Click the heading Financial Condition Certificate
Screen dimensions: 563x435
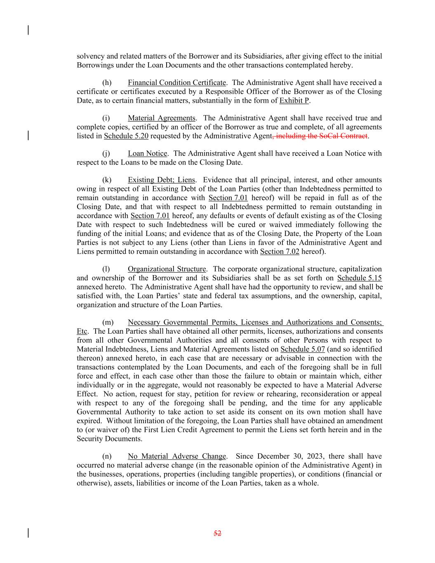coord(176,82)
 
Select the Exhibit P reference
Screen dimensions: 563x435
coord(294,101)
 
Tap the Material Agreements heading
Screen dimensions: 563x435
coord(161,118)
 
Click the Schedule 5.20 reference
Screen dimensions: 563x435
coord(126,136)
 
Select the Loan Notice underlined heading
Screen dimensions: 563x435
coord(147,153)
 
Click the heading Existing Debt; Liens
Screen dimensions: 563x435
coord(161,180)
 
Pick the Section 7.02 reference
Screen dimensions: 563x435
coord(279,252)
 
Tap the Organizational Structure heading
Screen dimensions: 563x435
coord(167,269)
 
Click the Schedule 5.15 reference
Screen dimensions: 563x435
coord(359,278)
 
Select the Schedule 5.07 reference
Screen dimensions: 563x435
coord(302,349)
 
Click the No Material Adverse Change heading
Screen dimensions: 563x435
coord(176,456)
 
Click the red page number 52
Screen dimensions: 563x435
coord(217,533)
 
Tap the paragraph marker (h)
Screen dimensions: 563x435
coord(106,82)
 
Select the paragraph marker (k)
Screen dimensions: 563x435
coord(106,180)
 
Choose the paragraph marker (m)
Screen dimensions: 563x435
coord(108,323)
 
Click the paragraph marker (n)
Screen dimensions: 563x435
coord(106,456)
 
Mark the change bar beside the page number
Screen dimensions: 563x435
coord(28,533)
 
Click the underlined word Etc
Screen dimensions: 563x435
coord(82,332)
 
